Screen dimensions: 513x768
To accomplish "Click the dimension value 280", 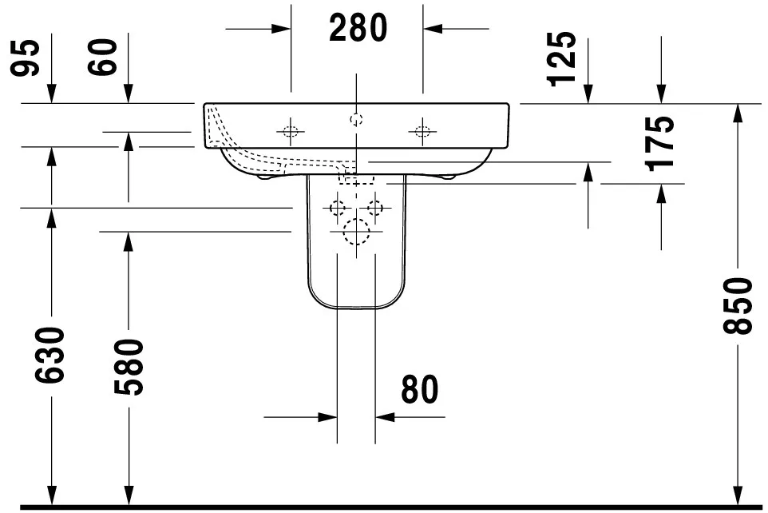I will coord(357,29).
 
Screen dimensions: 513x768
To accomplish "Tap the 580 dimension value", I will coord(128,368).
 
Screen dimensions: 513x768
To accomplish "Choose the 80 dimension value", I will coord(419,391).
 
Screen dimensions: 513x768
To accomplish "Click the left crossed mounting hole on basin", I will coord(291,131).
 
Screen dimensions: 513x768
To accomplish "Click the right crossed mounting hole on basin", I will coord(422,131).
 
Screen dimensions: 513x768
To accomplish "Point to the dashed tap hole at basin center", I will coord(356,120).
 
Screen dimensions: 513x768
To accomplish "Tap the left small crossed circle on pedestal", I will coord(338,208).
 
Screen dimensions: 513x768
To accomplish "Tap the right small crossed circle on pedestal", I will coord(375,208).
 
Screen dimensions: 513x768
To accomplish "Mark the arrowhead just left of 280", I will coord(281,29).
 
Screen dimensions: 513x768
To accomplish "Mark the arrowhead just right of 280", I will coord(432,29).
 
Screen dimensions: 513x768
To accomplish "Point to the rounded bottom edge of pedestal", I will coord(356,308).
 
